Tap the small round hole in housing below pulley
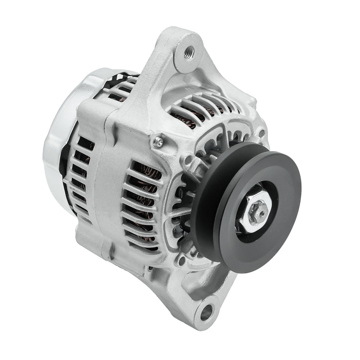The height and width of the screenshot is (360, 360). [182, 260]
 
